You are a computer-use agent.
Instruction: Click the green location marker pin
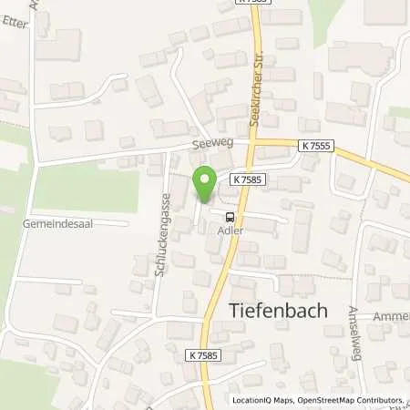204,186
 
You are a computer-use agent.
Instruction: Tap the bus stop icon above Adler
230,216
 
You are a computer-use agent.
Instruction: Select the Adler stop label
230,231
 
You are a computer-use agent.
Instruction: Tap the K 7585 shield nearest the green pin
247,180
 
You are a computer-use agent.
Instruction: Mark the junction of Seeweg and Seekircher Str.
256,142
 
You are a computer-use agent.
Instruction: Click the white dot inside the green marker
204,180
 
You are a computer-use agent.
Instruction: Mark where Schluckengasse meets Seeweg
164,152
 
